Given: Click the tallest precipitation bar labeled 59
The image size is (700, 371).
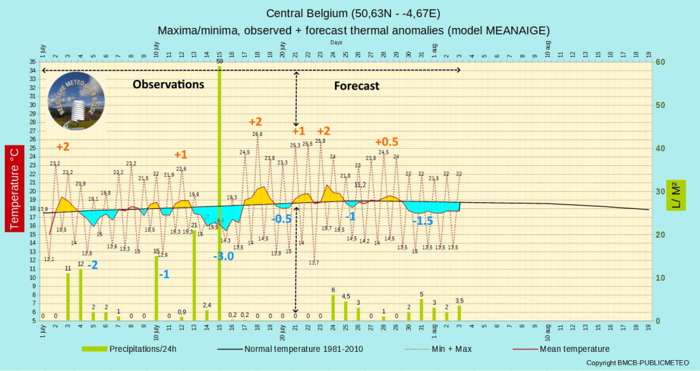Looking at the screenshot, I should pos(219,191).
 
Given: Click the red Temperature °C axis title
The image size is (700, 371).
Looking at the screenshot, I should pos(14,189).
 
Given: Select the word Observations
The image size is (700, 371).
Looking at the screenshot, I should pos(168,85).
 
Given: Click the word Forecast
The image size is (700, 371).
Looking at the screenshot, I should pos(356,86).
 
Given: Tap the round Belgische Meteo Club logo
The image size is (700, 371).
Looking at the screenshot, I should pos(76,102).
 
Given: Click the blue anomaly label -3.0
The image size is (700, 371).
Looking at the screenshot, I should pos(224,256).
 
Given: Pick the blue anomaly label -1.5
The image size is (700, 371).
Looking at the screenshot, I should pos(422,221).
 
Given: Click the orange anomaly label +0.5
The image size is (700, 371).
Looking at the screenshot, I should pos(386,141).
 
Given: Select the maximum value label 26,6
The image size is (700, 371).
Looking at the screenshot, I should pos(258,135).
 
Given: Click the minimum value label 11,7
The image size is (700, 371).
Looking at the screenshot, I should pos(314,262).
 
